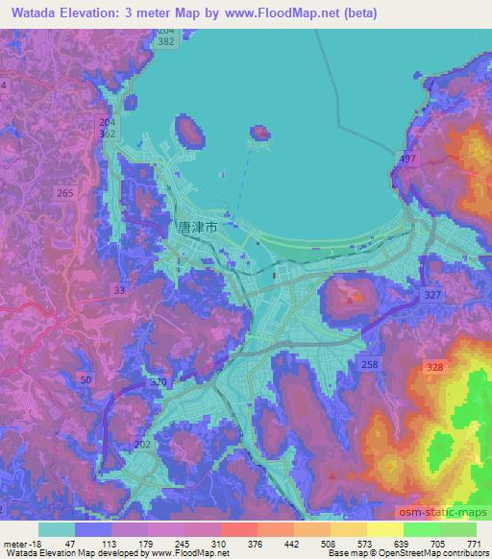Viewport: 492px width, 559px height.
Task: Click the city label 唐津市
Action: point(198,229)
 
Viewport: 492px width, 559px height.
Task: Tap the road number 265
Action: point(65,193)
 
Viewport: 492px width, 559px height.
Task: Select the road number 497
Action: point(407,158)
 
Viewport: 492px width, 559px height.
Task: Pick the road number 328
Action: point(434,367)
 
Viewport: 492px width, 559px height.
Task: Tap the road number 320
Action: point(159,382)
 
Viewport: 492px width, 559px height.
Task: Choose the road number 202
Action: point(143,445)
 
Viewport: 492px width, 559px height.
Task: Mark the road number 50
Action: point(87,381)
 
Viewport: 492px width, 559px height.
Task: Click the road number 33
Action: point(119,289)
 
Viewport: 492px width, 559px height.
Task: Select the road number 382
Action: point(167,44)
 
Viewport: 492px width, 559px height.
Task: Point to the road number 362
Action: point(108,135)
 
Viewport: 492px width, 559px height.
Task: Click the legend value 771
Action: point(474,543)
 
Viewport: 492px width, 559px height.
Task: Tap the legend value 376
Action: point(257,543)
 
